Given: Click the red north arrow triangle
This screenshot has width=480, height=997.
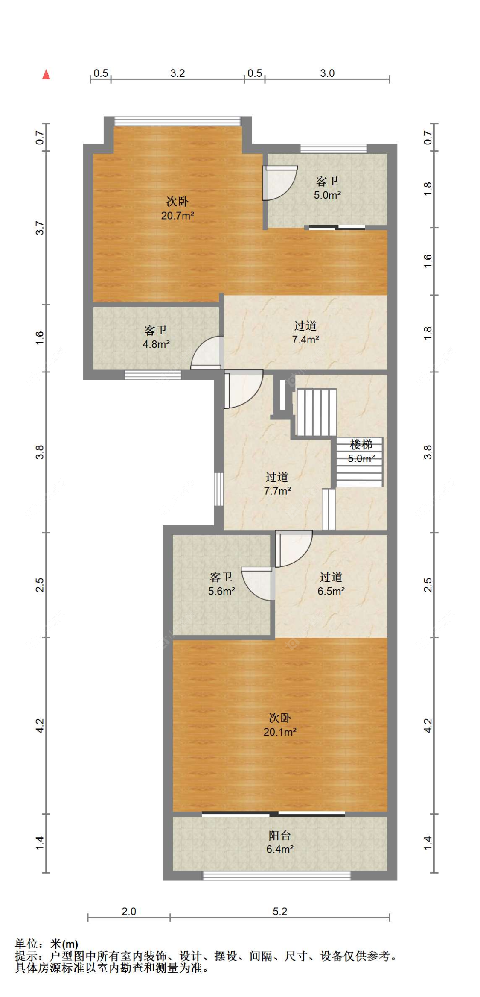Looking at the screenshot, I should pyautogui.click(x=46, y=75).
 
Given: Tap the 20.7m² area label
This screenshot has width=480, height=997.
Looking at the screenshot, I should pyautogui.click(x=177, y=215).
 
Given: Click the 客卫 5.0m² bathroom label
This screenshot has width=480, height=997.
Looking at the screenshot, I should pyautogui.click(x=327, y=188).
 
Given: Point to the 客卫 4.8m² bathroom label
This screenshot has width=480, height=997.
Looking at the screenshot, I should pyautogui.click(x=156, y=337).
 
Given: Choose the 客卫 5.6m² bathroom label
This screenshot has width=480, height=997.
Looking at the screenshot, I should pyautogui.click(x=221, y=584).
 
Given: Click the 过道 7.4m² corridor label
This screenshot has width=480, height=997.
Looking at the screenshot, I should pyautogui.click(x=305, y=332).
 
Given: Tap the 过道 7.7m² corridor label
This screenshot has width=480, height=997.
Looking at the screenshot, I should pyautogui.click(x=277, y=484).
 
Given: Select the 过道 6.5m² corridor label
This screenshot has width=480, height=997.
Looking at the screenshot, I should pyautogui.click(x=331, y=584).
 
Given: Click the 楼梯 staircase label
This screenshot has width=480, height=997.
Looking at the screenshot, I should pyautogui.click(x=361, y=445).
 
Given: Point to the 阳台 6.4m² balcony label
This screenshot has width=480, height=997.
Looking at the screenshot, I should pyautogui.click(x=280, y=842).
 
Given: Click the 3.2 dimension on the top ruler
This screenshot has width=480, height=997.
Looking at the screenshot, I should pyautogui.click(x=177, y=73).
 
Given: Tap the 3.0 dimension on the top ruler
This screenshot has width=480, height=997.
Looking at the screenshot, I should pyautogui.click(x=327, y=73).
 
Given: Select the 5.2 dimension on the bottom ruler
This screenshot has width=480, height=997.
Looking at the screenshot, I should pyautogui.click(x=280, y=911).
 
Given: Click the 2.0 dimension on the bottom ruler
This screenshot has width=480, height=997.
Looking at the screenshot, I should pyautogui.click(x=129, y=911).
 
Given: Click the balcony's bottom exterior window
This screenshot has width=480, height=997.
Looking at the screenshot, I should pyautogui.click(x=276, y=876).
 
